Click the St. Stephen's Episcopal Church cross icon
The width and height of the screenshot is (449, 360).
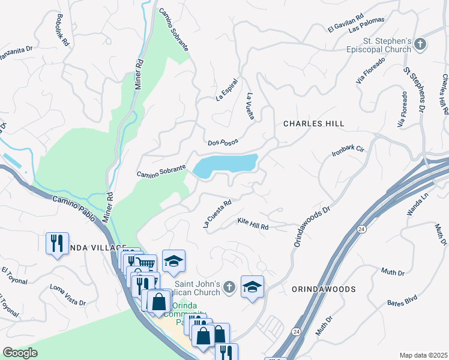point(421,44)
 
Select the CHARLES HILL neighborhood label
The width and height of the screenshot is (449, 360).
point(314,124)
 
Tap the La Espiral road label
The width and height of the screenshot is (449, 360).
point(228,89)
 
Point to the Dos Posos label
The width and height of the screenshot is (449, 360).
point(223,142)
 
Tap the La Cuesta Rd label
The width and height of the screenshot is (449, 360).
point(217,214)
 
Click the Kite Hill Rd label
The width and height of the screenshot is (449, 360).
point(253,224)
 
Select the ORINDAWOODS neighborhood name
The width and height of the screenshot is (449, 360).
point(324,289)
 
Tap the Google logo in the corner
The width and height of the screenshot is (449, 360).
point(20,353)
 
